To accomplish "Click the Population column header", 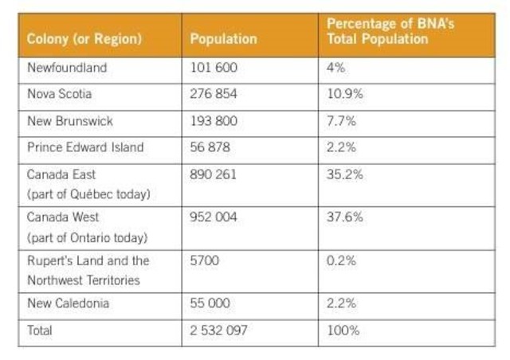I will tap(223, 38).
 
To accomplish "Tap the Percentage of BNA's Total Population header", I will tap(390, 31).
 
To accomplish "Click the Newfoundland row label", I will tap(66, 68).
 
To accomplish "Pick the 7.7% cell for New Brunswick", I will tap(340, 121).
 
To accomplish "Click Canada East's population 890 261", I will tap(214, 174).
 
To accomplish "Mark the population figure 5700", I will tap(204, 260).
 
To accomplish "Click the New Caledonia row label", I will tap(69, 303).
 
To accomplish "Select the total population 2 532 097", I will tap(219, 331).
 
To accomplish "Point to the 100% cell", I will tap(343, 331).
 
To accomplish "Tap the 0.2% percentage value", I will tap(341, 260).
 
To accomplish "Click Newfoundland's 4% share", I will tap(335, 68).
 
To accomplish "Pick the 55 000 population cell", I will tap(211, 303).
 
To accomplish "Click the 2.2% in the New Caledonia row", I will tap(340, 303).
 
